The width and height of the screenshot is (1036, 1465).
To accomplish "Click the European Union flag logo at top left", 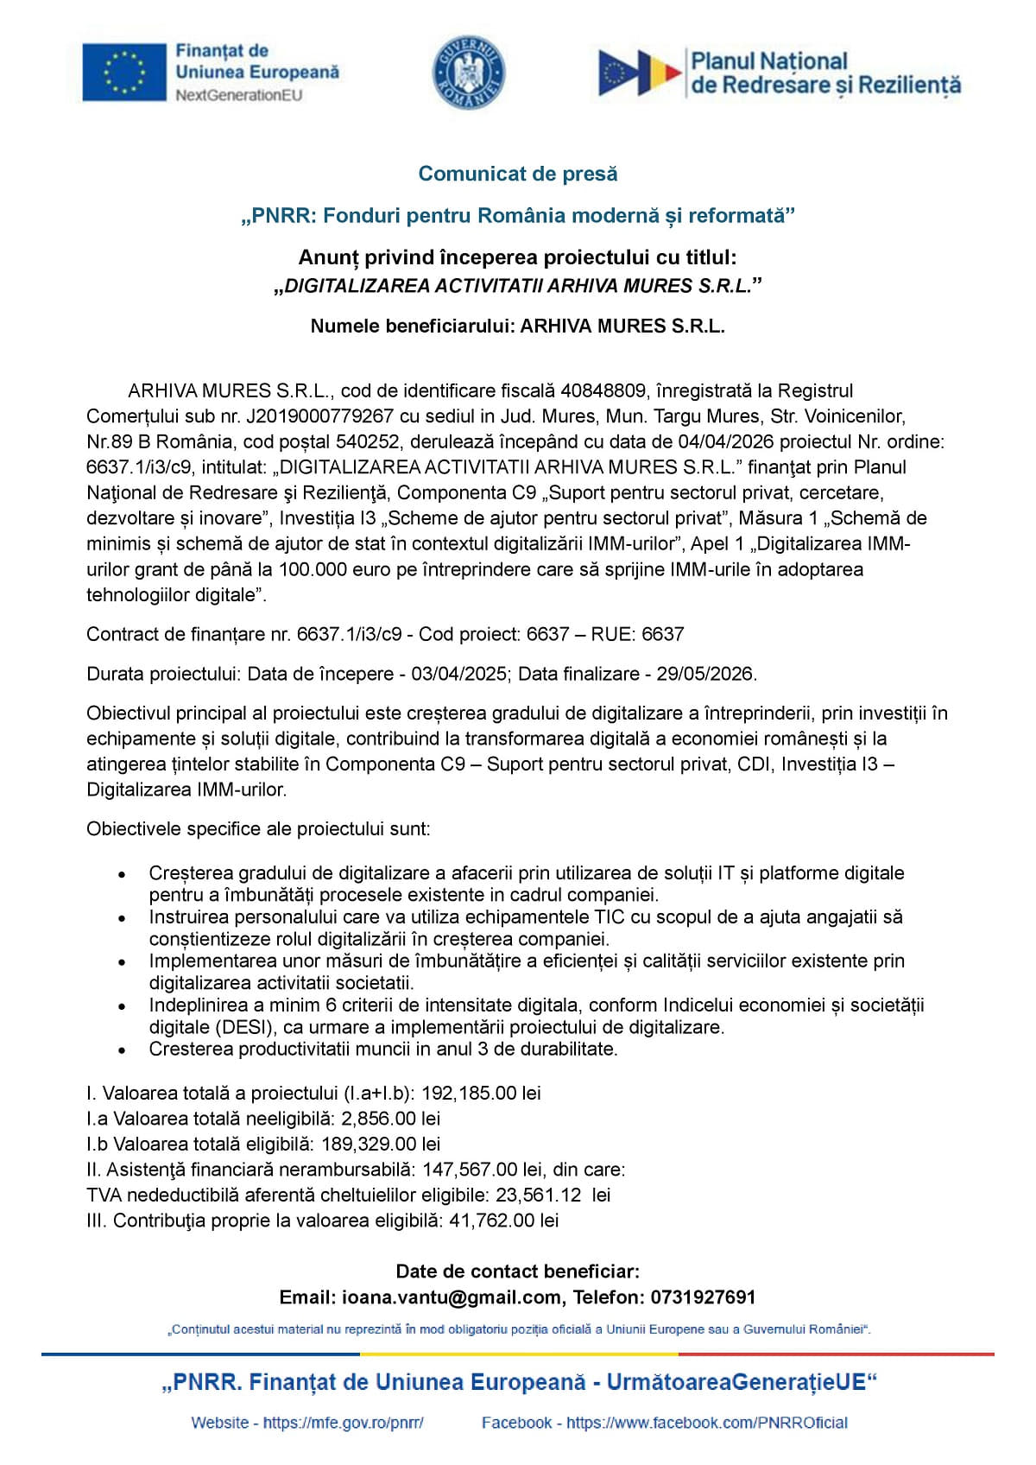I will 124,73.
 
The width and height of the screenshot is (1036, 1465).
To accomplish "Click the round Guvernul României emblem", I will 469,73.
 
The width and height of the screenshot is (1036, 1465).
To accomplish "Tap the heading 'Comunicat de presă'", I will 518,174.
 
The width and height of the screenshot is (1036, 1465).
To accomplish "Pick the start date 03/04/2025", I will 458,674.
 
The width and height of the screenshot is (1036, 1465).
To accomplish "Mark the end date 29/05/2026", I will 705,674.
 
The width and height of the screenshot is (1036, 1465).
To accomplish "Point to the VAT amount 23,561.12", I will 538,1195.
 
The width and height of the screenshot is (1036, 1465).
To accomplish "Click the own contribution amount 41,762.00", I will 491,1221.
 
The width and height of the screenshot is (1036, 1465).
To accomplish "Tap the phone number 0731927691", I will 703,1297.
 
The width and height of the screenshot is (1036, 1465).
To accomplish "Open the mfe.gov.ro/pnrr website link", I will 343,1423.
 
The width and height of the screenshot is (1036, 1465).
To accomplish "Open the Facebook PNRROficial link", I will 706,1423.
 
